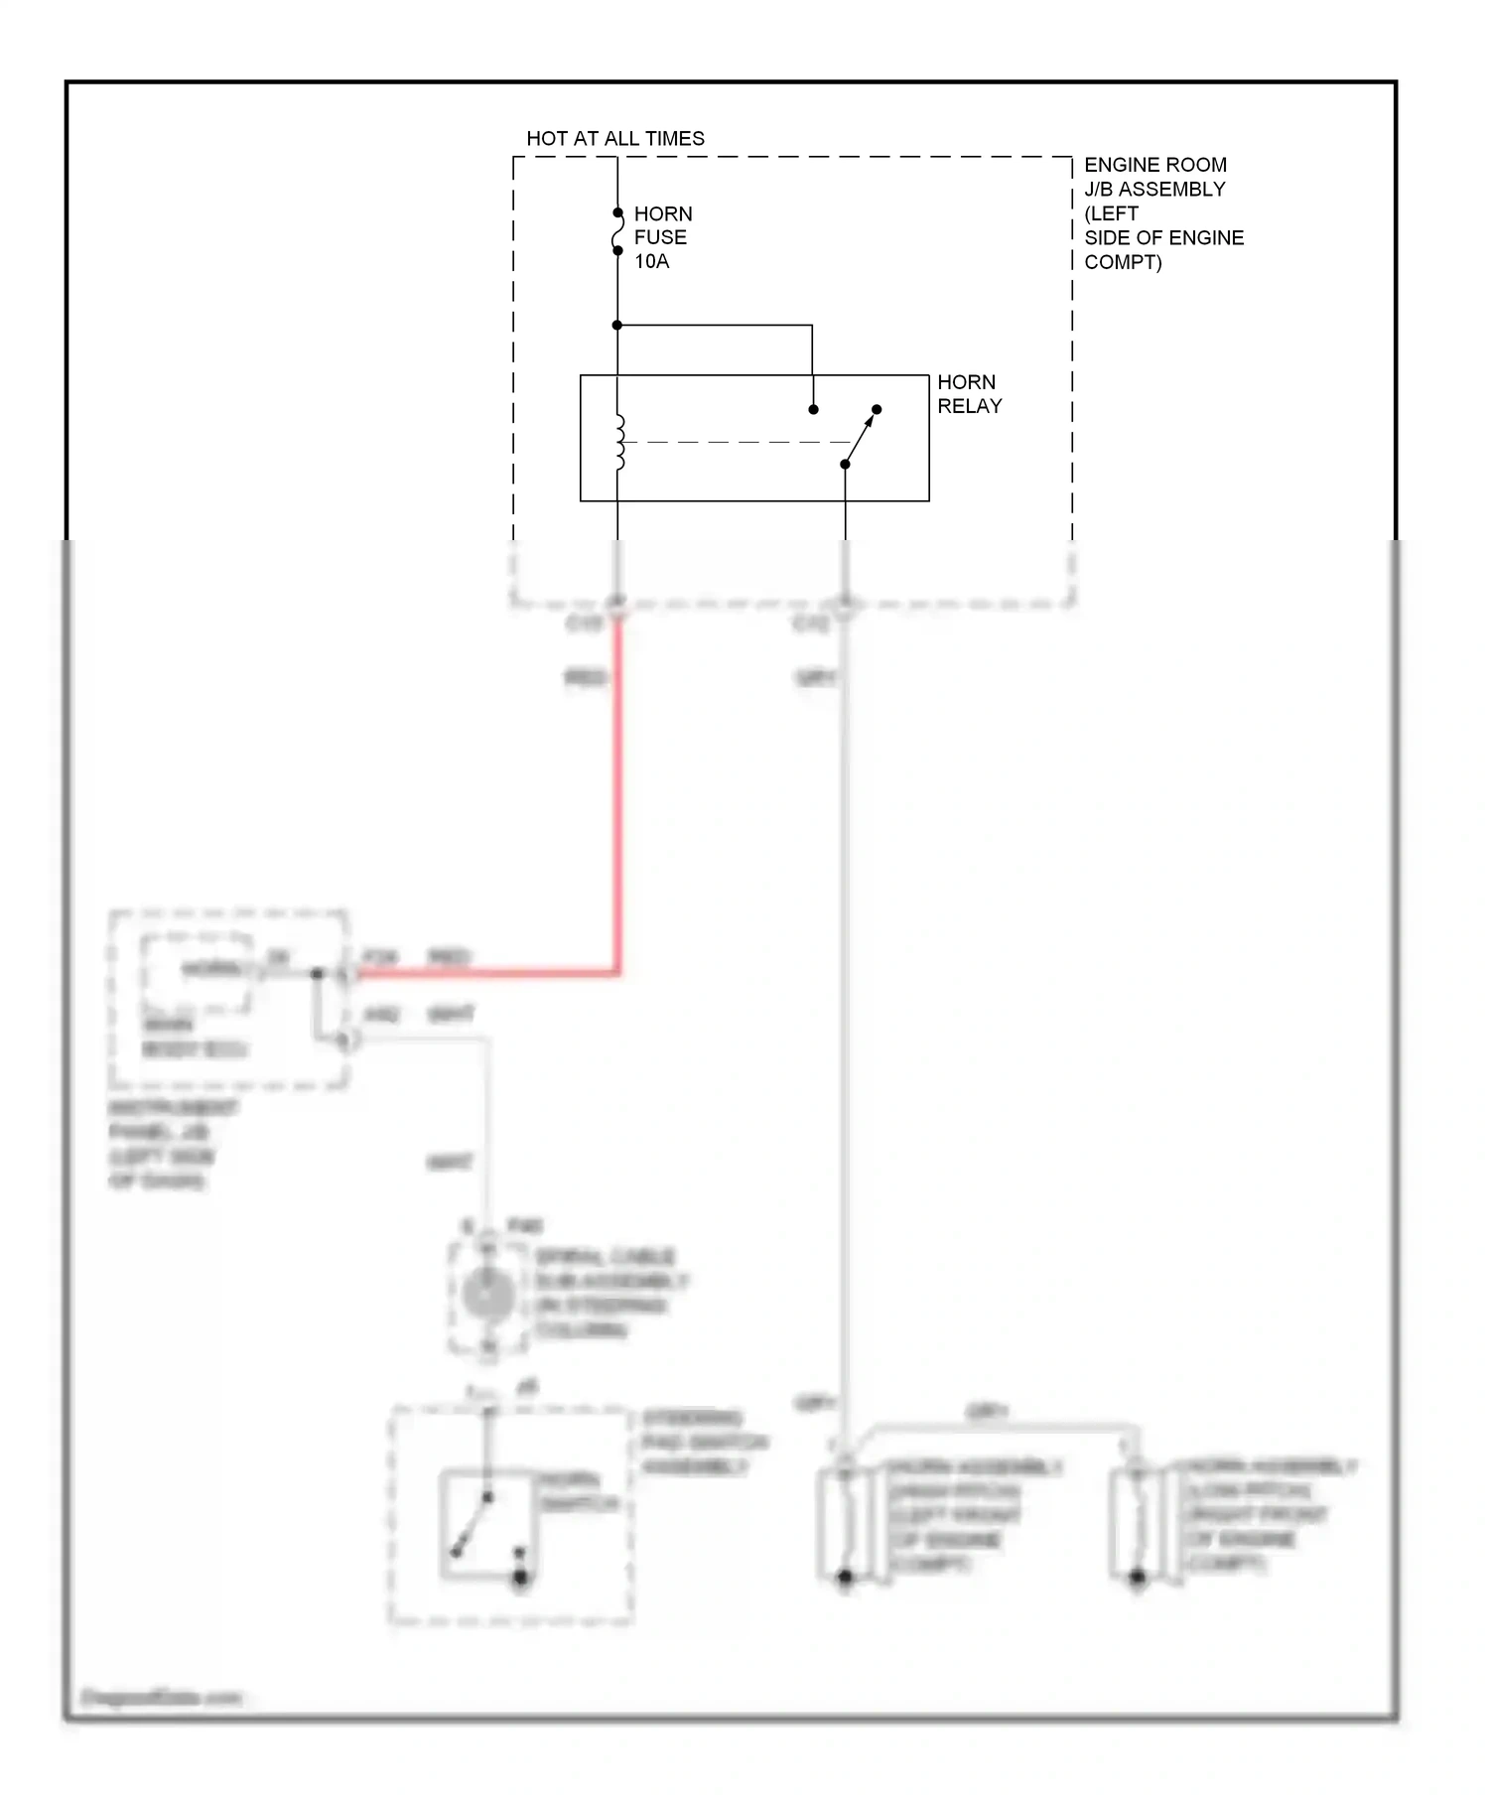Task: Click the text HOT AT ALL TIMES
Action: (x=614, y=139)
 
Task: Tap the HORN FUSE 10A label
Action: (x=662, y=238)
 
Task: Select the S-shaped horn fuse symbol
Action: (x=617, y=231)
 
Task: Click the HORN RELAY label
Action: (x=969, y=394)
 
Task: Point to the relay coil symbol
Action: (x=619, y=442)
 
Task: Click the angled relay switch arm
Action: (x=861, y=436)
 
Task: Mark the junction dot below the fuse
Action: (x=616, y=325)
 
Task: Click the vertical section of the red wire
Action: (x=617, y=794)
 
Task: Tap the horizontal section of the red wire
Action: (x=486, y=973)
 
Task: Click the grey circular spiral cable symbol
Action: (x=488, y=1296)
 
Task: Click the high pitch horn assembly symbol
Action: (x=846, y=1524)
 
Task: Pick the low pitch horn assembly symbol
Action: (x=1138, y=1524)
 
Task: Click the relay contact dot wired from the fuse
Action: (x=813, y=409)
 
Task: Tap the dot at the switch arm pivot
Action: (x=845, y=464)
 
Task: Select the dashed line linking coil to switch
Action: (x=735, y=443)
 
